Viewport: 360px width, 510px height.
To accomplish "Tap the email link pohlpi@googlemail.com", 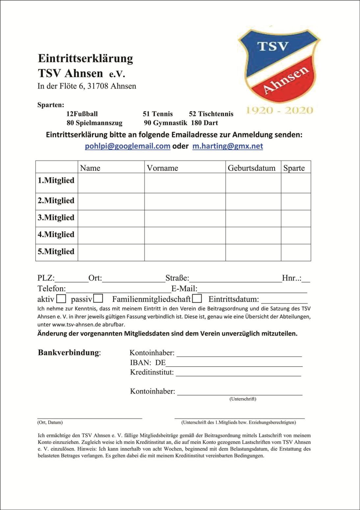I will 127,146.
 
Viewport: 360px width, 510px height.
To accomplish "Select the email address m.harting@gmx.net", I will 227,146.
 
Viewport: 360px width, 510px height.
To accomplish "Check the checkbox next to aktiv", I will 61,299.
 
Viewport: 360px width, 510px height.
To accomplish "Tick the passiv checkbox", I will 98,299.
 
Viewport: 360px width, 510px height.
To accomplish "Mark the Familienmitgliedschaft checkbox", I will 197,299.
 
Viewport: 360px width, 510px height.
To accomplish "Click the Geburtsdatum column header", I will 251,168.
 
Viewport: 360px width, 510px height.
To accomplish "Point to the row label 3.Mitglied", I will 56,217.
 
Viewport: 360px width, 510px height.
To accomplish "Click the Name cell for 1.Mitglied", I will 111,183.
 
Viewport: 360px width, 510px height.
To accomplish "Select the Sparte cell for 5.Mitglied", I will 296,252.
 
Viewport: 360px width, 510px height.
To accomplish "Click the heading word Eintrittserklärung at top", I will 86,58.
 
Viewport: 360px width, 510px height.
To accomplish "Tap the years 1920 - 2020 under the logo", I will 279,110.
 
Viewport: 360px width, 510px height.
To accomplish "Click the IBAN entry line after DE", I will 234,364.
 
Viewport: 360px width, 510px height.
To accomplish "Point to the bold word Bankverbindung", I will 68,352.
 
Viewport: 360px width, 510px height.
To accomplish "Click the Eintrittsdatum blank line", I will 284,300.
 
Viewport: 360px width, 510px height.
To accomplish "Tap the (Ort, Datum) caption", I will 50,422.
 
